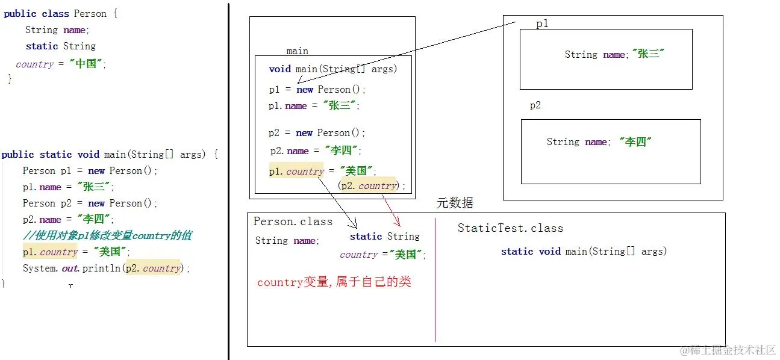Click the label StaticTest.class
pos(510,228)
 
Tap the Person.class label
pos(293,222)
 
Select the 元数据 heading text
pos(455,203)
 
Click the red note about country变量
pos(334,282)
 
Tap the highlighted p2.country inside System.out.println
pos(153,268)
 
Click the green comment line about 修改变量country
pos(107,235)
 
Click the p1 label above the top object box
pos(542,24)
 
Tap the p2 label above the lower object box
pos(535,105)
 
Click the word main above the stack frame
pos(297,51)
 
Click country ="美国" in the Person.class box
pos(382,255)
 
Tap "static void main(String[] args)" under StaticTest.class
pos(584,251)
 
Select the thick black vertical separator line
pos(229,181)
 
